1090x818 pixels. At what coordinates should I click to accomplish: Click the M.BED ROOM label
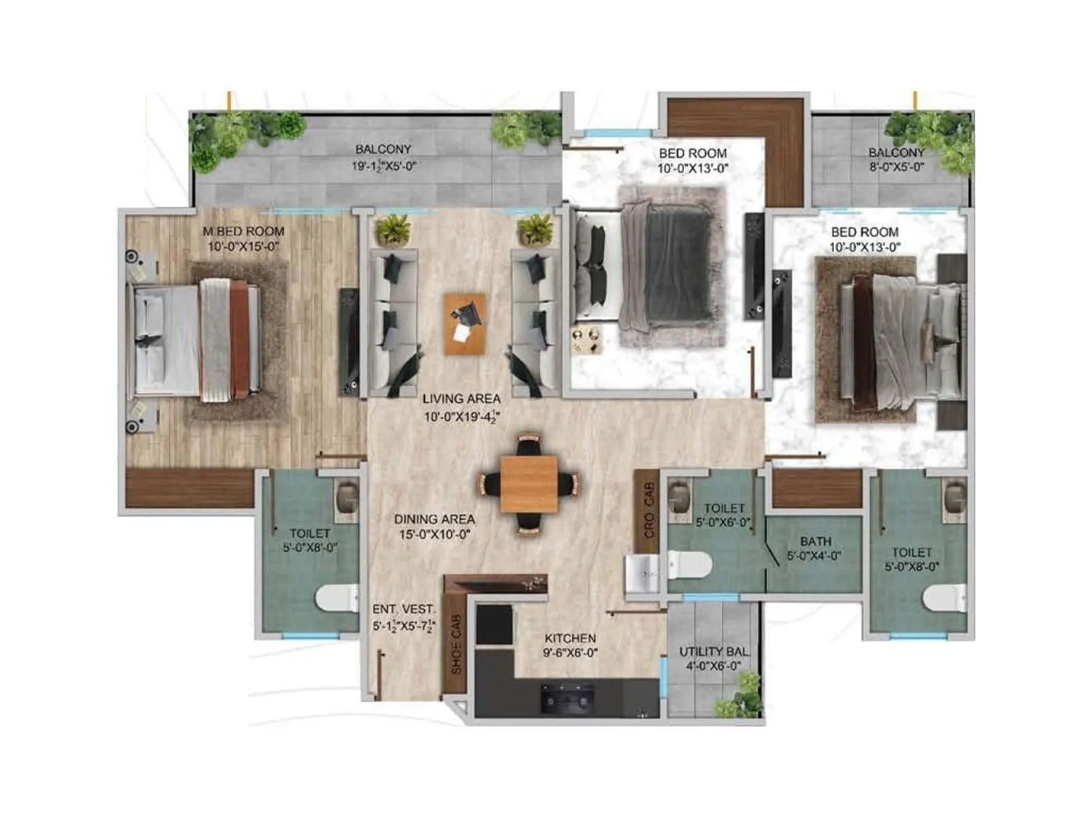[x=243, y=232]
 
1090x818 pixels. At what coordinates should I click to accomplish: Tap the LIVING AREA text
[x=461, y=399]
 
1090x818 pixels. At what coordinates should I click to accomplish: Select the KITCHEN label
[x=570, y=638]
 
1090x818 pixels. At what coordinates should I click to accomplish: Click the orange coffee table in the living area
[x=465, y=324]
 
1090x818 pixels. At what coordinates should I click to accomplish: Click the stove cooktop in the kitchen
[x=567, y=699]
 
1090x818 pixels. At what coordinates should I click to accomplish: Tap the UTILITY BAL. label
[x=713, y=652]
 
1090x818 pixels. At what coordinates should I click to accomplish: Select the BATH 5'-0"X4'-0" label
[x=814, y=549]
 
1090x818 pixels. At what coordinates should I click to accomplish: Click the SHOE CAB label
[x=456, y=644]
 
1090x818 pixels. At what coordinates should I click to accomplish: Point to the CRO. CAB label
[x=648, y=510]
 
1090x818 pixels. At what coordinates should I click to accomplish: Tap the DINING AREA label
[x=434, y=519]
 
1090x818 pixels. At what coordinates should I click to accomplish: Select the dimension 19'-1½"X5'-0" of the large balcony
[x=384, y=166]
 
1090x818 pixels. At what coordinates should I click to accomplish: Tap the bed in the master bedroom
[x=198, y=339]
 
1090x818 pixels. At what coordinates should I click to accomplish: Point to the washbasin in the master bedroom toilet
[x=347, y=496]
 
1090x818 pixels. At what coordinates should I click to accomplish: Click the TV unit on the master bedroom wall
[x=349, y=341]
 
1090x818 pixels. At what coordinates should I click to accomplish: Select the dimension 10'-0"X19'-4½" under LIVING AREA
[x=461, y=416]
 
